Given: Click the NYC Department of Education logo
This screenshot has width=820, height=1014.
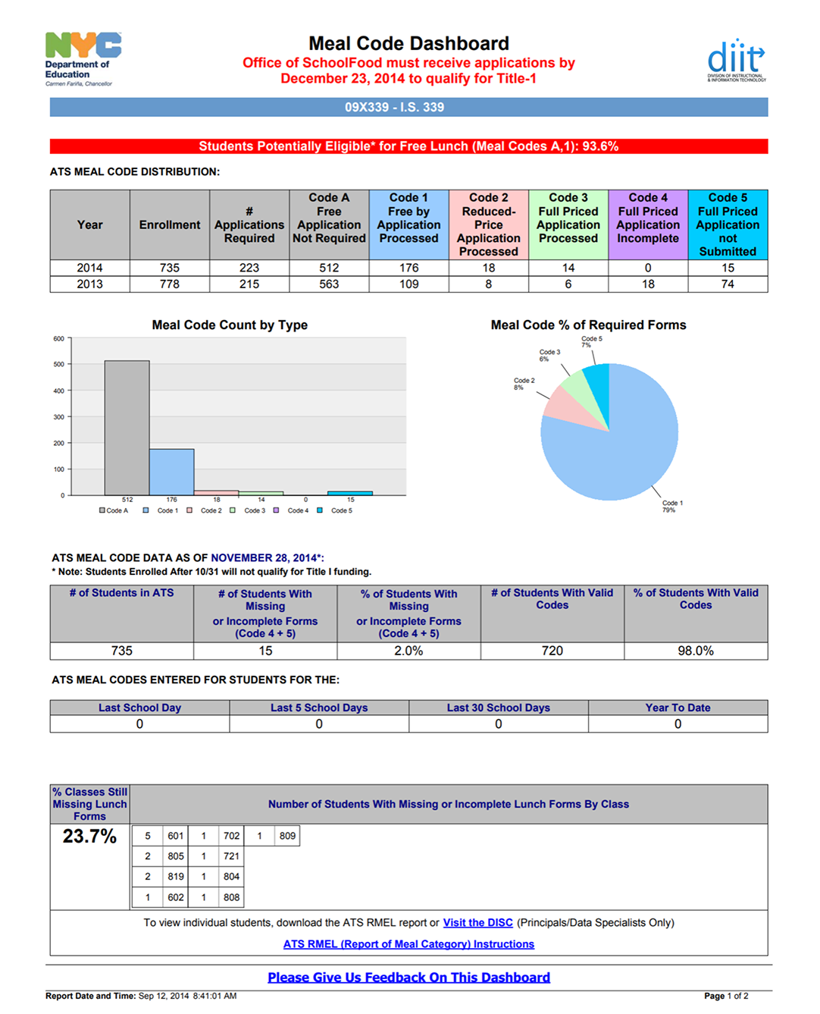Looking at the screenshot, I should click(82, 58).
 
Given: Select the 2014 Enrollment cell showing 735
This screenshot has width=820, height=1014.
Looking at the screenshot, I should click(170, 268).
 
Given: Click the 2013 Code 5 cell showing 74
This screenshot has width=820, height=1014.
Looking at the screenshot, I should click(728, 284).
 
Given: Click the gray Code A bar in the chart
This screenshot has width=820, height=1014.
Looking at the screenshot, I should click(127, 428).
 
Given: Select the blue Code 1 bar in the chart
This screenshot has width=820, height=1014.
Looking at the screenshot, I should click(171, 472).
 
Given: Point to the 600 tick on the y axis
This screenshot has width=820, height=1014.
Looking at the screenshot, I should click(59, 339).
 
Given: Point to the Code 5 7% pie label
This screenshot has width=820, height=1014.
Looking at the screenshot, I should click(591, 342).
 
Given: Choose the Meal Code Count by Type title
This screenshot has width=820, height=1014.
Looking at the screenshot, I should click(230, 325).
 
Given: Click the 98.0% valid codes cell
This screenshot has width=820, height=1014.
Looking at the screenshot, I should click(696, 651).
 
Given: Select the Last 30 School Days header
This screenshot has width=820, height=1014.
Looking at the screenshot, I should click(498, 708).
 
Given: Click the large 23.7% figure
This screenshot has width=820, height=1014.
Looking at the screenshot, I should click(89, 837).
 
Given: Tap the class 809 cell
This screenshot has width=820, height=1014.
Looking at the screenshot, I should click(287, 836).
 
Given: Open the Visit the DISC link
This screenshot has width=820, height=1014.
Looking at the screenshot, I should click(477, 923).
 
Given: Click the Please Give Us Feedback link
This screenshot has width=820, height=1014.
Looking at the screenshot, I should click(408, 978).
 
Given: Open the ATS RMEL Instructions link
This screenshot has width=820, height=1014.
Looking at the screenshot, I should click(408, 944).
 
